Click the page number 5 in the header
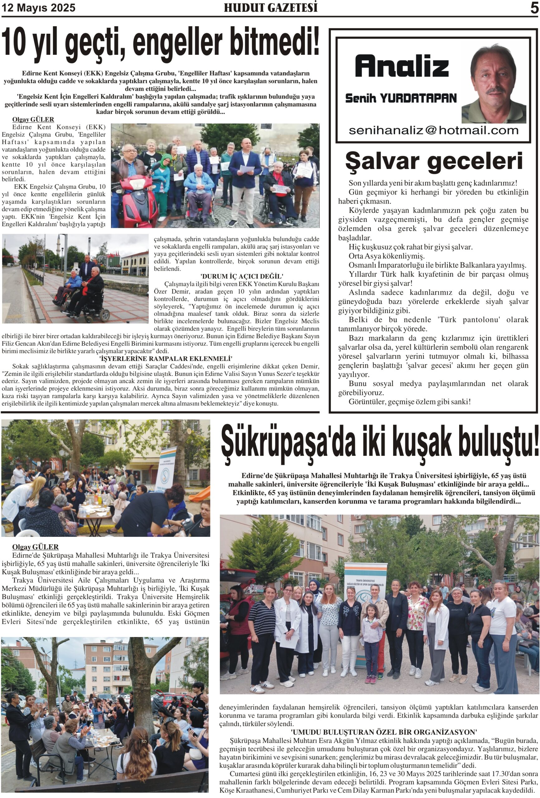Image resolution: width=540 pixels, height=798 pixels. (534, 8)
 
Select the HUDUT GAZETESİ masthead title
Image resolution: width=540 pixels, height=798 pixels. (270, 8)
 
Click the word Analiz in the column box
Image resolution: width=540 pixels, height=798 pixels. (402, 66)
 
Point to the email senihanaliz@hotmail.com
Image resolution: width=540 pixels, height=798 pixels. (433, 131)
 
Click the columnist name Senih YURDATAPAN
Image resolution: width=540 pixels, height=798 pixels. (401, 99)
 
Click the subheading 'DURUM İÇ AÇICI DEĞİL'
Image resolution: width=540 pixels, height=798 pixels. (242, 276)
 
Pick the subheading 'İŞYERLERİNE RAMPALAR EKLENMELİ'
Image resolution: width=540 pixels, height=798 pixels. (166, 358)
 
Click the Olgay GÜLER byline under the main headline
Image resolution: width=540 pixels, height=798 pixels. (33, 119)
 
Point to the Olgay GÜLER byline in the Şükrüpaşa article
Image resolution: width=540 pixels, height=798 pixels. (35, 547)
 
